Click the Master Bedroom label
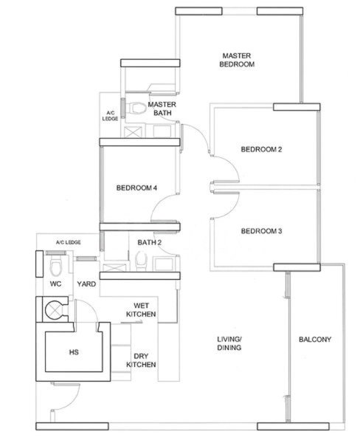(237, 60)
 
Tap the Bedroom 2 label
(261, 149)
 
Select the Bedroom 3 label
(261, 231)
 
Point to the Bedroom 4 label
(136, 188)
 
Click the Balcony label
(315, 340)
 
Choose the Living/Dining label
(229, 343)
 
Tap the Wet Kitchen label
(141, 310)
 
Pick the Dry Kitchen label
(141, 360)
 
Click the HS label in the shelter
(74, 352)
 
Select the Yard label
(86, 284)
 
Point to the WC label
(55, 284)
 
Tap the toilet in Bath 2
(141, 261)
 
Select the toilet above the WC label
(55, 266)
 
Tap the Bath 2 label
(149, 242)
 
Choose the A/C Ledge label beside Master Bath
(110, 116)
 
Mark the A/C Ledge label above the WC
(69, 242)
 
